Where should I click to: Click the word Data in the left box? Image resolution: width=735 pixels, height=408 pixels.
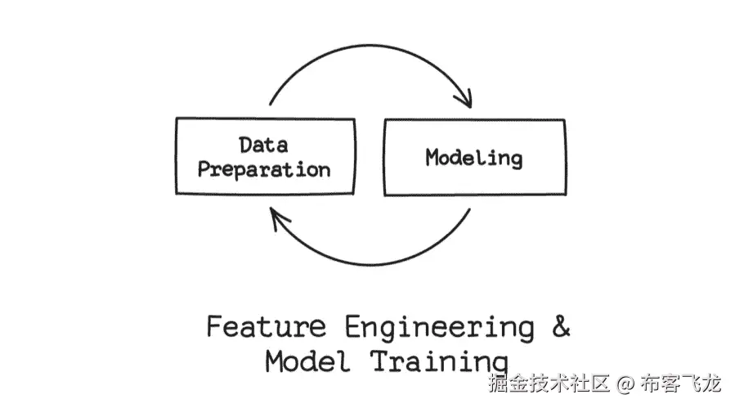263,146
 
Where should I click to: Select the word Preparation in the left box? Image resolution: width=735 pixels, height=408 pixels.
263,169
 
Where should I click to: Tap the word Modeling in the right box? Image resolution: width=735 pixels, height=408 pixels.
473,157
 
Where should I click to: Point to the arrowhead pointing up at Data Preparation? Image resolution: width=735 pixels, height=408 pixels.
278,217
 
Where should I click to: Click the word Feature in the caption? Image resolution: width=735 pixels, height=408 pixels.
265,327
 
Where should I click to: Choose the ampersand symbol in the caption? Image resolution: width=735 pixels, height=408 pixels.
560,326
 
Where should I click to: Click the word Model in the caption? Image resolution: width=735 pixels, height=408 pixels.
307,361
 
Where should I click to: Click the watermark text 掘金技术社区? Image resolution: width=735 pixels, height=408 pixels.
549,383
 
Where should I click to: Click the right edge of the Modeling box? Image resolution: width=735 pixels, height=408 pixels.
565,157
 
